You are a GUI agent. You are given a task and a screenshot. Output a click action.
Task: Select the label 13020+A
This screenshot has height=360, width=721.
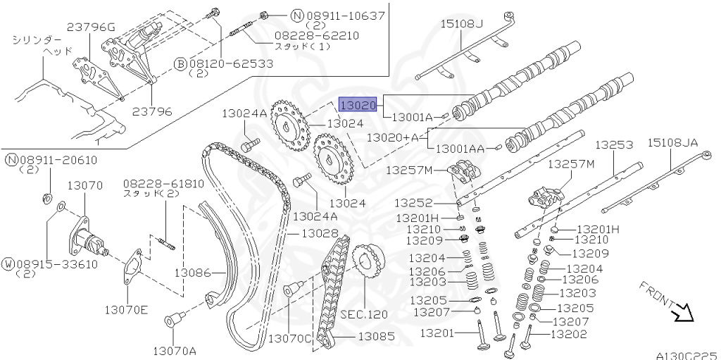[x=392, y=137]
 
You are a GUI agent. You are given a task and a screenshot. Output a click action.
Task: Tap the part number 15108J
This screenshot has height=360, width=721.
[x=463, y=24]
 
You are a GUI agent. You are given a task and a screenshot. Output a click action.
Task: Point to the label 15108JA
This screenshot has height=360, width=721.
[x=672, y=143]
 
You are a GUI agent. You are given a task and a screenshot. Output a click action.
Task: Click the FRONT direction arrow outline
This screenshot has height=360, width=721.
[x=681, y=312]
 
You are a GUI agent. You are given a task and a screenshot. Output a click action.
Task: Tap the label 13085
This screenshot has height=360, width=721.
[x=377, y=336]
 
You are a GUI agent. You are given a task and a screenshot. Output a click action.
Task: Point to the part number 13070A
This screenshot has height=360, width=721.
[x=175, y=350]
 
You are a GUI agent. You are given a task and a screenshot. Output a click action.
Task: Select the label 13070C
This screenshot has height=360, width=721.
[x=290, y=338]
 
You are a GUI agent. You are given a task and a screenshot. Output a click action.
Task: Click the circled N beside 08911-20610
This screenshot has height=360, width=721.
[x=11, y=160]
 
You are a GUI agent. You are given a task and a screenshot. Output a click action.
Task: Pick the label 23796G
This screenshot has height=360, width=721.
[x=91, y=27]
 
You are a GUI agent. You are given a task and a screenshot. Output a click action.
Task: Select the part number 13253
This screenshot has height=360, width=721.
[x=614, y=144]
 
